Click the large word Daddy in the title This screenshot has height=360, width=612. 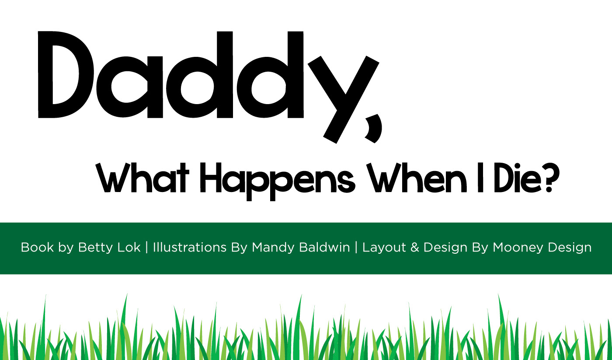tap(209, 87)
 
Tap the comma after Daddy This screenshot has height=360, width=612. tap(374, 128)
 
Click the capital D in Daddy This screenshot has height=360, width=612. tap(66, 75)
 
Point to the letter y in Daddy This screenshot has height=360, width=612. tap(344, 99)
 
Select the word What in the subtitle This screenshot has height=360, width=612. tap(142, 178)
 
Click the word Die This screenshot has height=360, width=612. tap(518, 178)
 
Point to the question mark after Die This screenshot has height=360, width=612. tap(551, 178)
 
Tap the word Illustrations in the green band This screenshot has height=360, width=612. tap(190, 247)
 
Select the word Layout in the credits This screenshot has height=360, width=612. tap(384, 248)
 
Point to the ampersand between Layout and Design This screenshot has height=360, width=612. tap(415, 247)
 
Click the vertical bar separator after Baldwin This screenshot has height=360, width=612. tap(356, 248)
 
